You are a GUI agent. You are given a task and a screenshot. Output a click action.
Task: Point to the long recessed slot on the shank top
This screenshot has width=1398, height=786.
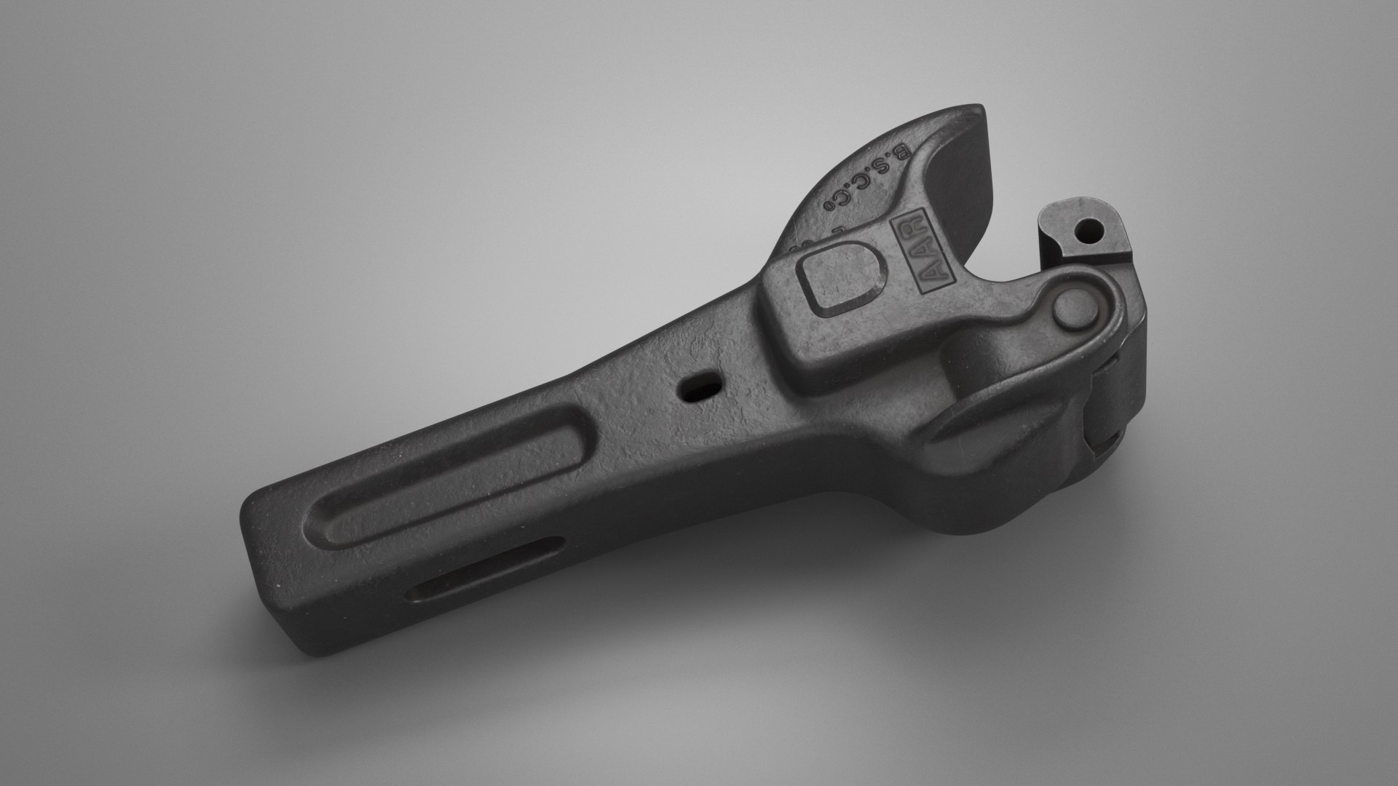click(451, 480)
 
